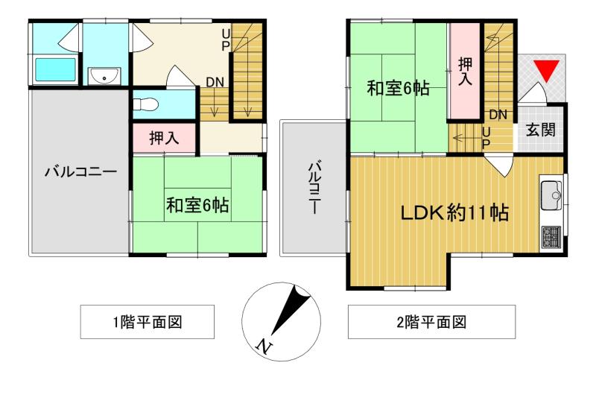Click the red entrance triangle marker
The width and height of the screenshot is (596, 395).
[x=547, y=70]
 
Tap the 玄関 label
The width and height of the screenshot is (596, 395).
[x=541, y=130]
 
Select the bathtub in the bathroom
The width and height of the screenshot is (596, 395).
[x=55, y=69]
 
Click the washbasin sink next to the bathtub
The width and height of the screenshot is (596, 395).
[x=104, y=76]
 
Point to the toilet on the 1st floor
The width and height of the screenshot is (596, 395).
[x=145, y=104]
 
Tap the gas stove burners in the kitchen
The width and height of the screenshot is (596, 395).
[x=551, y=237]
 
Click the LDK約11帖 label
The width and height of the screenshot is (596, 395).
[x=455, y=213]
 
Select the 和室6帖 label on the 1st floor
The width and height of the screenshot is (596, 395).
[x=197, y=205]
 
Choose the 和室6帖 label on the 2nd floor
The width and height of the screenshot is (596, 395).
[x=398, y=89]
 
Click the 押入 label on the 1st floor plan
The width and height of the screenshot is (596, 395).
[x=164, y=138]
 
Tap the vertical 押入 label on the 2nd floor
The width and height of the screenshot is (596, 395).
[x=465, y=71]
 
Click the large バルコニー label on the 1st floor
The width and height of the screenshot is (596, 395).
[x=81, y=172]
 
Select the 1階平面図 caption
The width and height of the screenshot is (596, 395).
[x=148, y=323]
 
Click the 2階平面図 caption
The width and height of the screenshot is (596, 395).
[x=431, y=323]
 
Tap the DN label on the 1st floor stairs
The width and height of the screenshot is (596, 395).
[x=215, y=82]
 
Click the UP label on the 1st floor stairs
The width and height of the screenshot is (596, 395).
[x=226, y=40]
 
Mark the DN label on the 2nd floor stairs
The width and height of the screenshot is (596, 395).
[x=498, y=114]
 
